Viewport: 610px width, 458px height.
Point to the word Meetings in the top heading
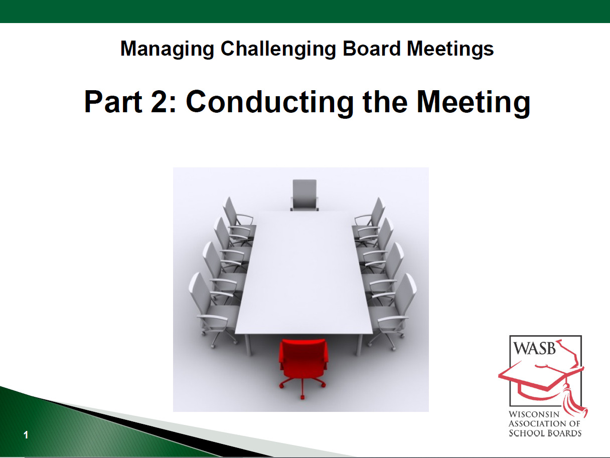pos(450,49)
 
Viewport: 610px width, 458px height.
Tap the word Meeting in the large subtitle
pos(473,103)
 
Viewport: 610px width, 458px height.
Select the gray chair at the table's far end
pos(304,194)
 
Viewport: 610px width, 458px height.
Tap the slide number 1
pos(26,435)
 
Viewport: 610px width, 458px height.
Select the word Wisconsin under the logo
pos(537,415)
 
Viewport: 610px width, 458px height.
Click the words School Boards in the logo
pos(545,433)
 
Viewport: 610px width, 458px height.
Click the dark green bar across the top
pos(305,11)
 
